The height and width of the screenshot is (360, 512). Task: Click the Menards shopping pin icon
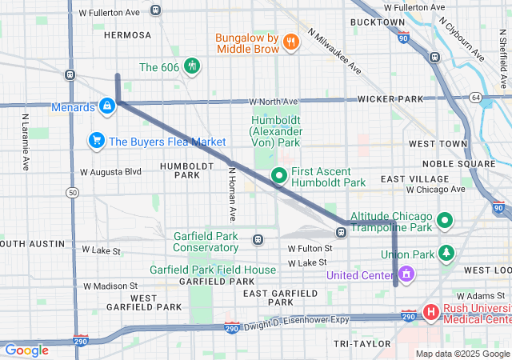(x=106, y=106)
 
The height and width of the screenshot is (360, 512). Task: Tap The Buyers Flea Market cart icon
(x=97, y=142)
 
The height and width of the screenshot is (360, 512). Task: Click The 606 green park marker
(x=191, y=67)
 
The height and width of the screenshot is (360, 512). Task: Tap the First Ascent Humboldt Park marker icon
(x=278, y=175)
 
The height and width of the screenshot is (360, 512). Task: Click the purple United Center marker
(x=406, y=275)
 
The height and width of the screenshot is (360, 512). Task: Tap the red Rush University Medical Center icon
(x=430, y=312)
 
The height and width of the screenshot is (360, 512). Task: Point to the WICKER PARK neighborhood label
(x=390, y=99)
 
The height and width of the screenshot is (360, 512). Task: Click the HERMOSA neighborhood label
(x=127, y=35)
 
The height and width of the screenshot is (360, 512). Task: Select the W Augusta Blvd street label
(x=110, y=172)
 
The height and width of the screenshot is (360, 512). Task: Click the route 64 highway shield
(x=475, y=98)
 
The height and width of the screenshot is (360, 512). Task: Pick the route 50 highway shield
(x=73, y=193)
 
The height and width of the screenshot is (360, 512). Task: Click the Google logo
(x=26, y=350)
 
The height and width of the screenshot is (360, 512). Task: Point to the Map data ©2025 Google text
(x=462, y=354)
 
